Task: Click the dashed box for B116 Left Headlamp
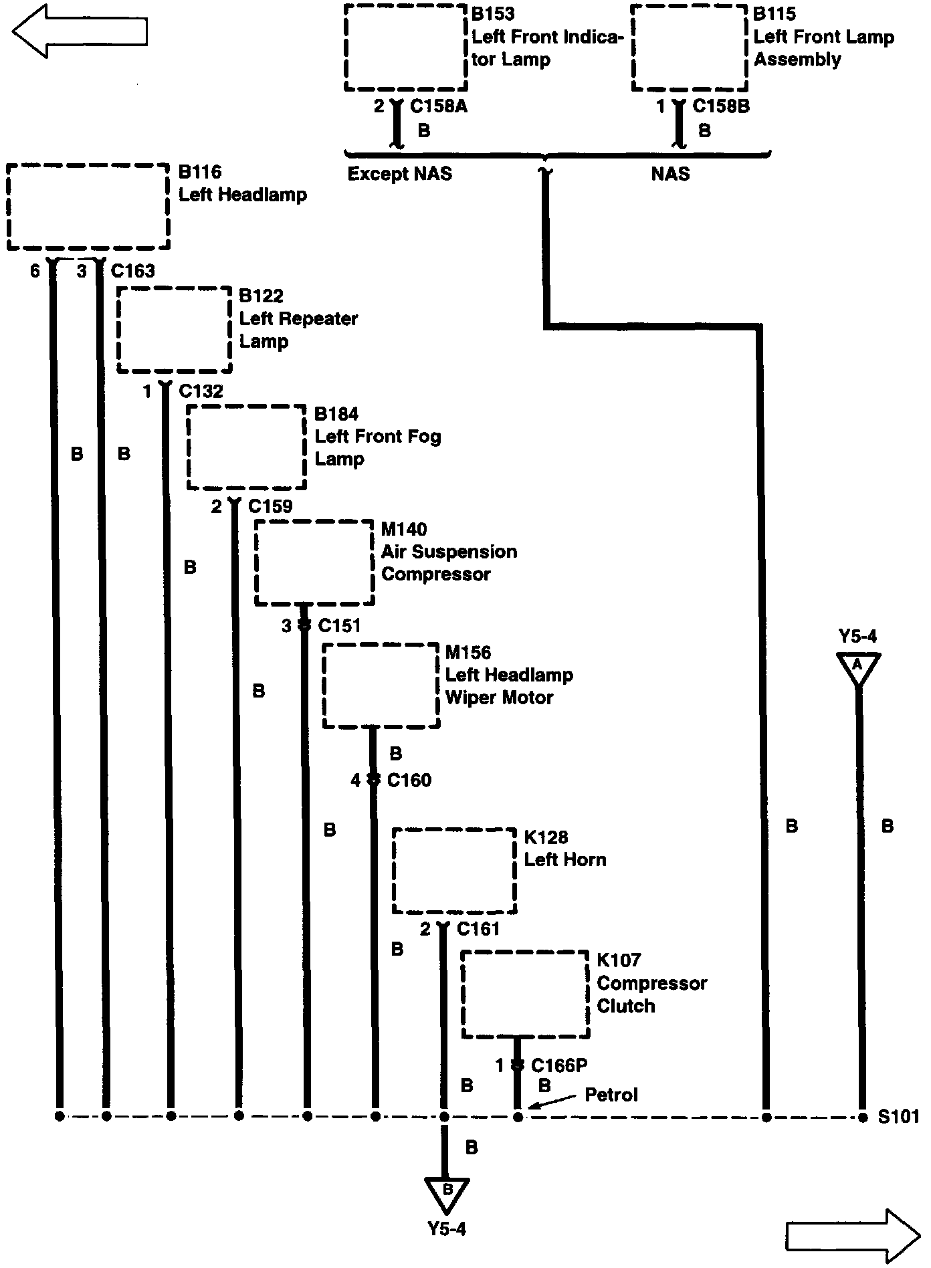88,207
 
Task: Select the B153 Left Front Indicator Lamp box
405,48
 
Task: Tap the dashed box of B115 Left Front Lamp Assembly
690,48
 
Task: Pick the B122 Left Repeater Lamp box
175,330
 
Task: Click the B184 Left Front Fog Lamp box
246,447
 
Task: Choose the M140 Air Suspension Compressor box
314,562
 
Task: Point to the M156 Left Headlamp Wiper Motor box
381,685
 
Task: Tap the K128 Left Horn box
453,871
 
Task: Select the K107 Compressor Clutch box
525,994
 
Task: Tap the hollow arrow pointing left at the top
79,31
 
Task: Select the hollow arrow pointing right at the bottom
853,1232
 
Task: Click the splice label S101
898,1116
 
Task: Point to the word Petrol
611,1095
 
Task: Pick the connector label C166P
559,1065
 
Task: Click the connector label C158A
438,106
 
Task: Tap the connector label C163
133,271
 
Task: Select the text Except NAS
399,175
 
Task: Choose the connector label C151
339,626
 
